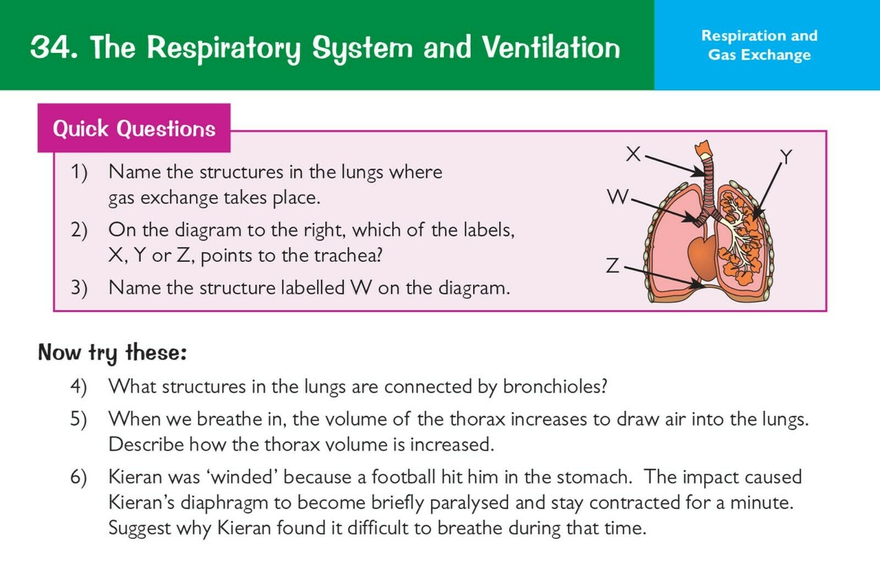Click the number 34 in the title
tap(52, 47)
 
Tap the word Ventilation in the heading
tap(551, 47)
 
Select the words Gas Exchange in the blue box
tap(759, 54)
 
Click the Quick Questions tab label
tap(134, 129)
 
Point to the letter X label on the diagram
tap(633, 154)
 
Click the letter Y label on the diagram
tap(785, 157)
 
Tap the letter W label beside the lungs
tap(618, 196)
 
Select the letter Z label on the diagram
tap(613, 265)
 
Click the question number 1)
tap(79, 172)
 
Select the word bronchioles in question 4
tap(555, 386)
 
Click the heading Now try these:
tap(112, 353)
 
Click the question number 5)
tap(79, 419)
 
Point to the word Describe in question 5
tap(146, 445)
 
